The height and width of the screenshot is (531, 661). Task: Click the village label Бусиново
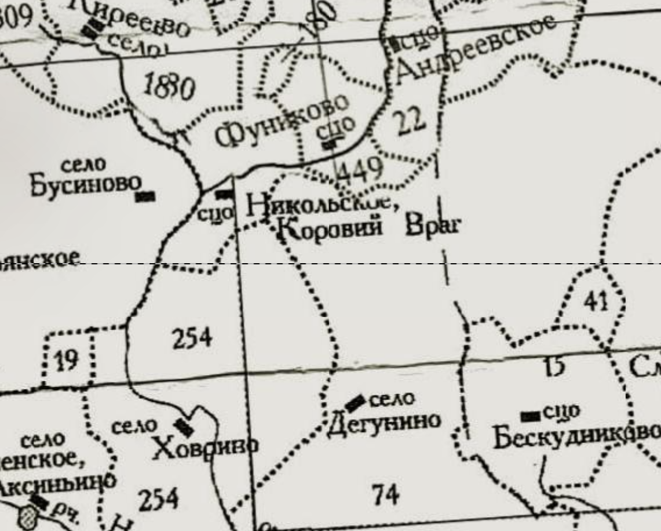point(86,185)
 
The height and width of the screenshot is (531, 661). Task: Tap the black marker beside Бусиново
point(145,197)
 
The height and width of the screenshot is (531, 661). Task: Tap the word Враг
point(433,225)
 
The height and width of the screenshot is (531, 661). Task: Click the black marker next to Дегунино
point(355,402)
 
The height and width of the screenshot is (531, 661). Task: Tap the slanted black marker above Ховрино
point(184,427)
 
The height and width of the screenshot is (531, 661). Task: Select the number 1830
point(169,88)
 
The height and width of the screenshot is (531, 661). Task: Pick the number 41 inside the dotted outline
point(597,301)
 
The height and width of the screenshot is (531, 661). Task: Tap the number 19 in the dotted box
point(66,361)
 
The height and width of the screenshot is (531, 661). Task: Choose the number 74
point(386,494)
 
